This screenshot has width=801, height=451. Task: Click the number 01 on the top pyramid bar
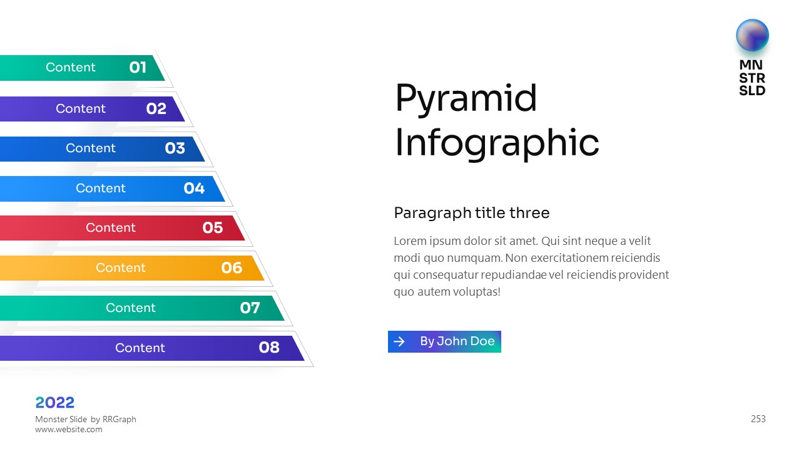(x=138, y=67)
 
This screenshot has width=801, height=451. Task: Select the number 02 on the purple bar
(x=156, y=108)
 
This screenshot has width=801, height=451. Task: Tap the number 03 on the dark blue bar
(x=175, y=148)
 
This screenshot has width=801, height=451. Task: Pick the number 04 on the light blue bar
(x=194, y=189)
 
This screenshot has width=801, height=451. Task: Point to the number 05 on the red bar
(x=213, y=227)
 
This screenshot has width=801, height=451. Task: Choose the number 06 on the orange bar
(x=232, y=267)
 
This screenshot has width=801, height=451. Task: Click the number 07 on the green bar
(x=250, y=308)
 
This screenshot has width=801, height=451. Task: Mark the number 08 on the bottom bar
(x=269, y=347)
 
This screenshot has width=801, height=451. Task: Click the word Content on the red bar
(x=111, y=227)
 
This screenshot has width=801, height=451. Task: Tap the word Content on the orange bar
(x=121, y=267)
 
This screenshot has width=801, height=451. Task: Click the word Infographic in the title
(x=497, y=144)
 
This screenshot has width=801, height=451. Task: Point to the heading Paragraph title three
(x=472, y=213)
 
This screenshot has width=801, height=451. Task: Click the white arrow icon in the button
(x=399, y=341)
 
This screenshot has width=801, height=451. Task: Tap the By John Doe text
(x=457, y=341)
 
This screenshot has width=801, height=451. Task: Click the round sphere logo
(x=752, y=36)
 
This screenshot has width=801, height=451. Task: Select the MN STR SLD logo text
(x=752, y=78)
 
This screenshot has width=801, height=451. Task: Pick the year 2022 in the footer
(x=54, y=403)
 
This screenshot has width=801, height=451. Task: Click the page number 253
(x=758, y=419)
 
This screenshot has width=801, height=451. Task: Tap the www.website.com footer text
(x=69, y=430)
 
